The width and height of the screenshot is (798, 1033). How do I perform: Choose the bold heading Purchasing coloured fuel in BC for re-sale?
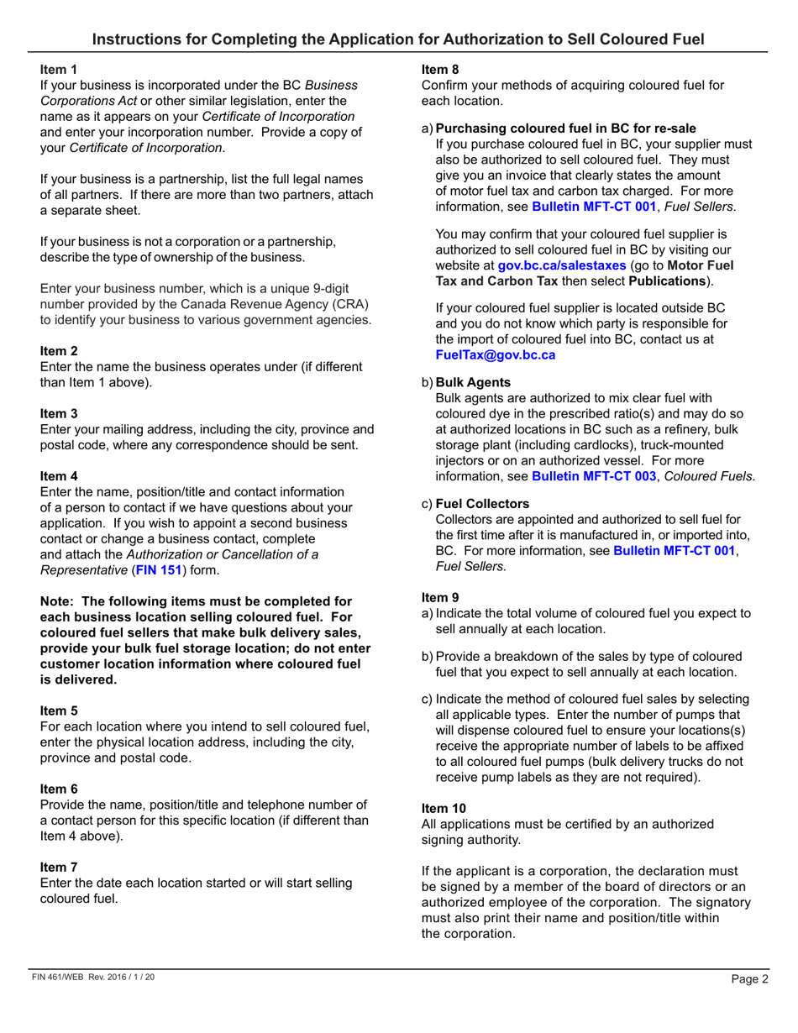(565, 128)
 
